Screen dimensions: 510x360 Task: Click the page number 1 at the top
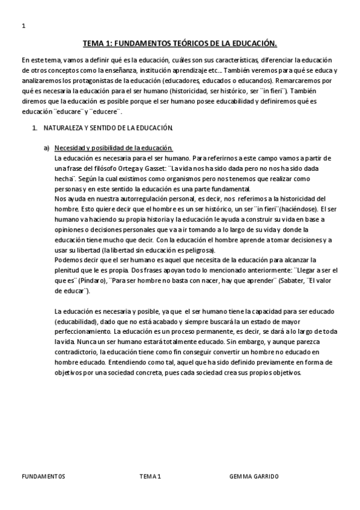23,26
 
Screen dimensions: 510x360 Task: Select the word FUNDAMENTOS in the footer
43,476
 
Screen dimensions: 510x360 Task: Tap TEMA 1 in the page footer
150,476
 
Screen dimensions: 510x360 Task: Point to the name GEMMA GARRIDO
254,476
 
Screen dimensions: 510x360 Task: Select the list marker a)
46,149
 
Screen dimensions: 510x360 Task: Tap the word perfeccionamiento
82,331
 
